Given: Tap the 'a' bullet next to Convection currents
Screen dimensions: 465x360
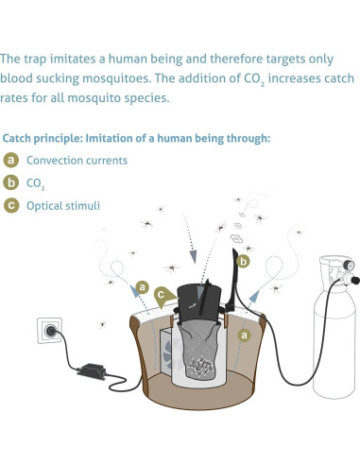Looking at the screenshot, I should (12, 160).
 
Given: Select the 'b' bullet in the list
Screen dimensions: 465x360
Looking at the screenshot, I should (12, 181).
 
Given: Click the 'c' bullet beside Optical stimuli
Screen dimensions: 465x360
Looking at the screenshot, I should (12, 203).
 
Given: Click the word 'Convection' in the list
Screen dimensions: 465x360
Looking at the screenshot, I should (56, 161).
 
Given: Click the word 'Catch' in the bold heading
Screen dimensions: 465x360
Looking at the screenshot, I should (21, 138).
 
